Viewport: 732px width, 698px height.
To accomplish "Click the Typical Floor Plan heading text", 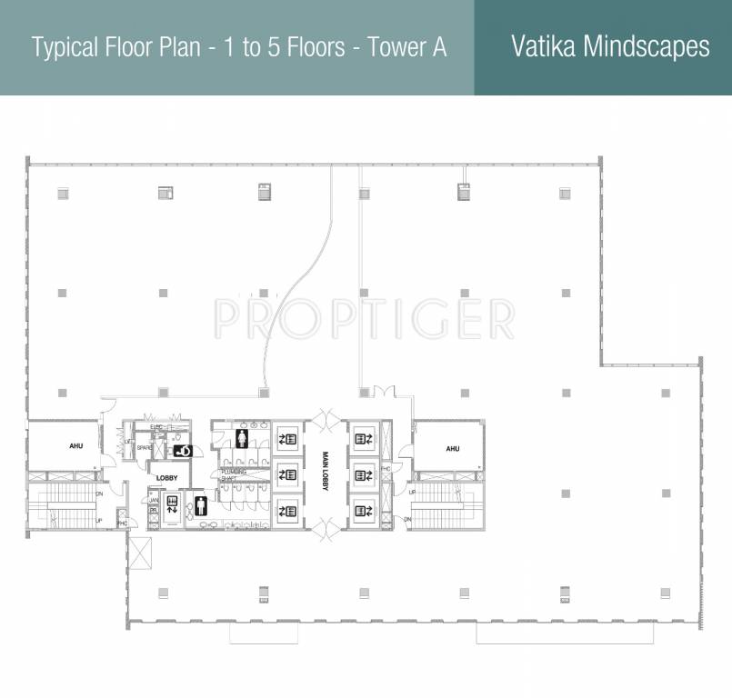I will point(239,47).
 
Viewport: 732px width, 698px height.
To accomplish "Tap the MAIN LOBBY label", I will point(324,474).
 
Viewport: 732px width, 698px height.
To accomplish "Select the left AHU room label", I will point(76,447).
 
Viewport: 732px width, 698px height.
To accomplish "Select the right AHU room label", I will point(452,449).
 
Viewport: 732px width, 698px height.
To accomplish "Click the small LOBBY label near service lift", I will point(167,477).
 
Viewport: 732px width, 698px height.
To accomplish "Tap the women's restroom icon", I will point(242,439).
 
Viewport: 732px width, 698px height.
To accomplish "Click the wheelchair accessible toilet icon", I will point(183,450).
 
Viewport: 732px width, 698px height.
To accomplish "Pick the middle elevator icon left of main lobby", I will point(289,474).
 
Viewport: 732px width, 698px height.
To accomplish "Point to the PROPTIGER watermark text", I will point(364,317).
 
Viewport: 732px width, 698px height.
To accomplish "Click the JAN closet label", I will point(154,500).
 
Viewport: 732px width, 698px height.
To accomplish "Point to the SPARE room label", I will point(144,448).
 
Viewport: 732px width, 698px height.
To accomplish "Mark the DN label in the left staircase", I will point(99,494).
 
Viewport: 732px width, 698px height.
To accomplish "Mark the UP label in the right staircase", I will point(412,492).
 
